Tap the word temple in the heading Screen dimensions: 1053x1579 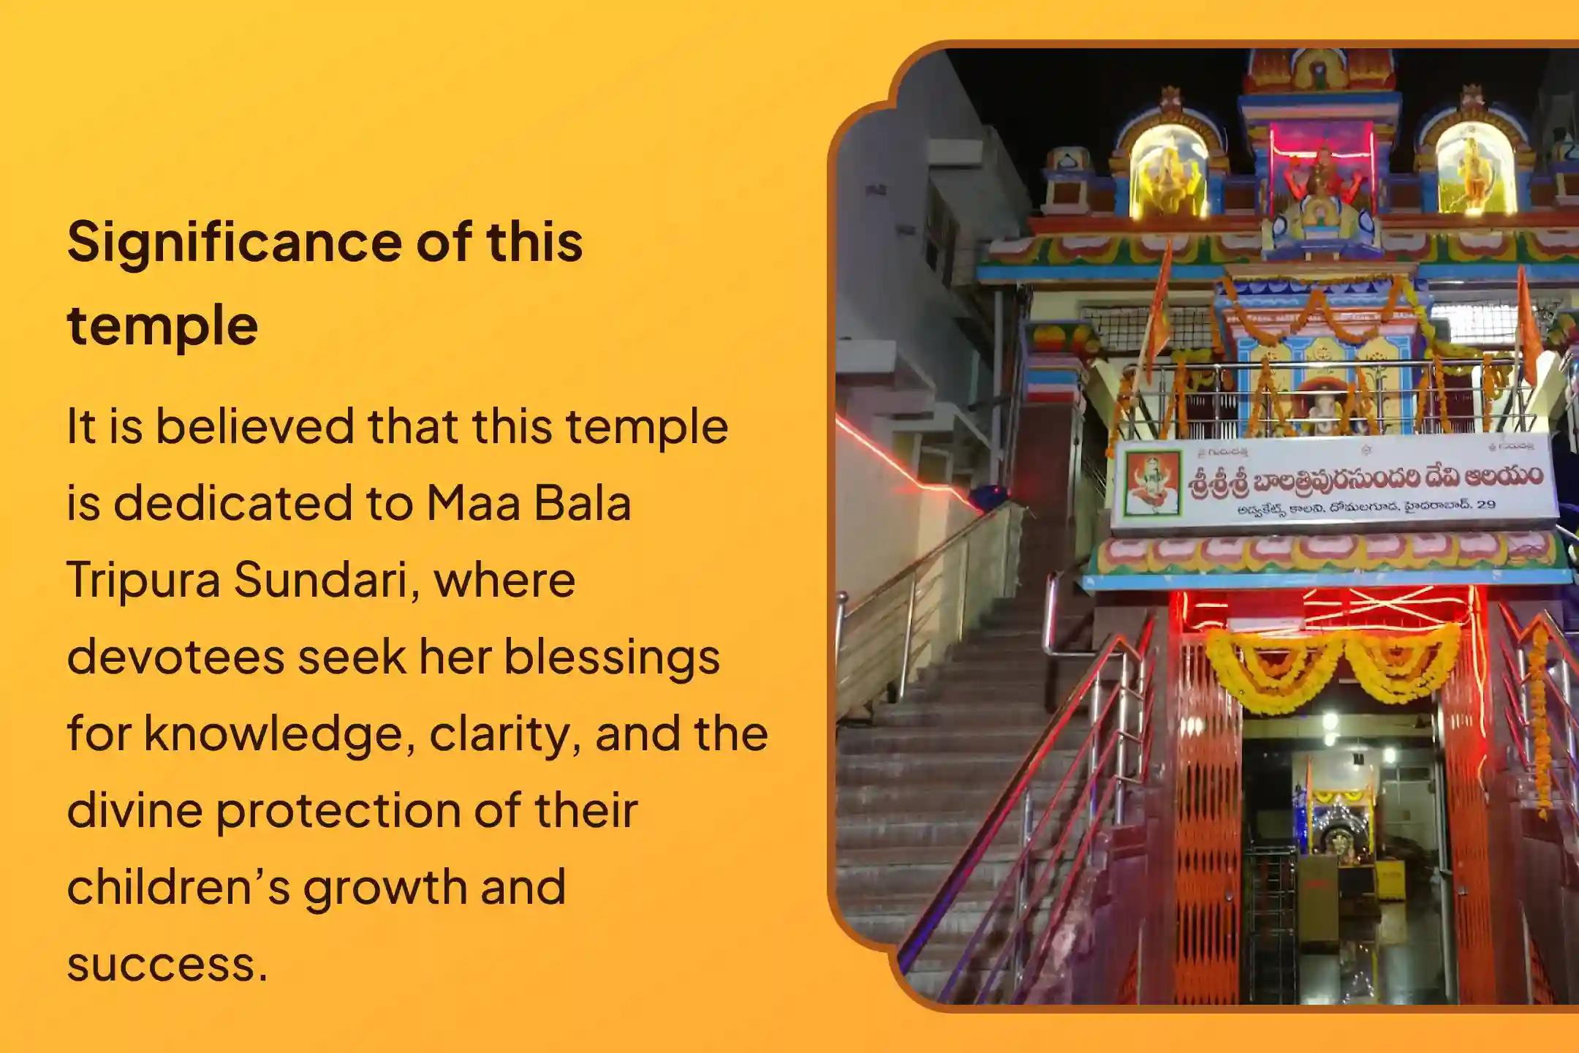(x=162, y=325)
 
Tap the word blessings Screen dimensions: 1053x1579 (x=611, y=657)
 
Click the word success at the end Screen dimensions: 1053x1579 (x=167, y=965)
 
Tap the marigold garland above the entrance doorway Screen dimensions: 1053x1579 (x=1332, y=662)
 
